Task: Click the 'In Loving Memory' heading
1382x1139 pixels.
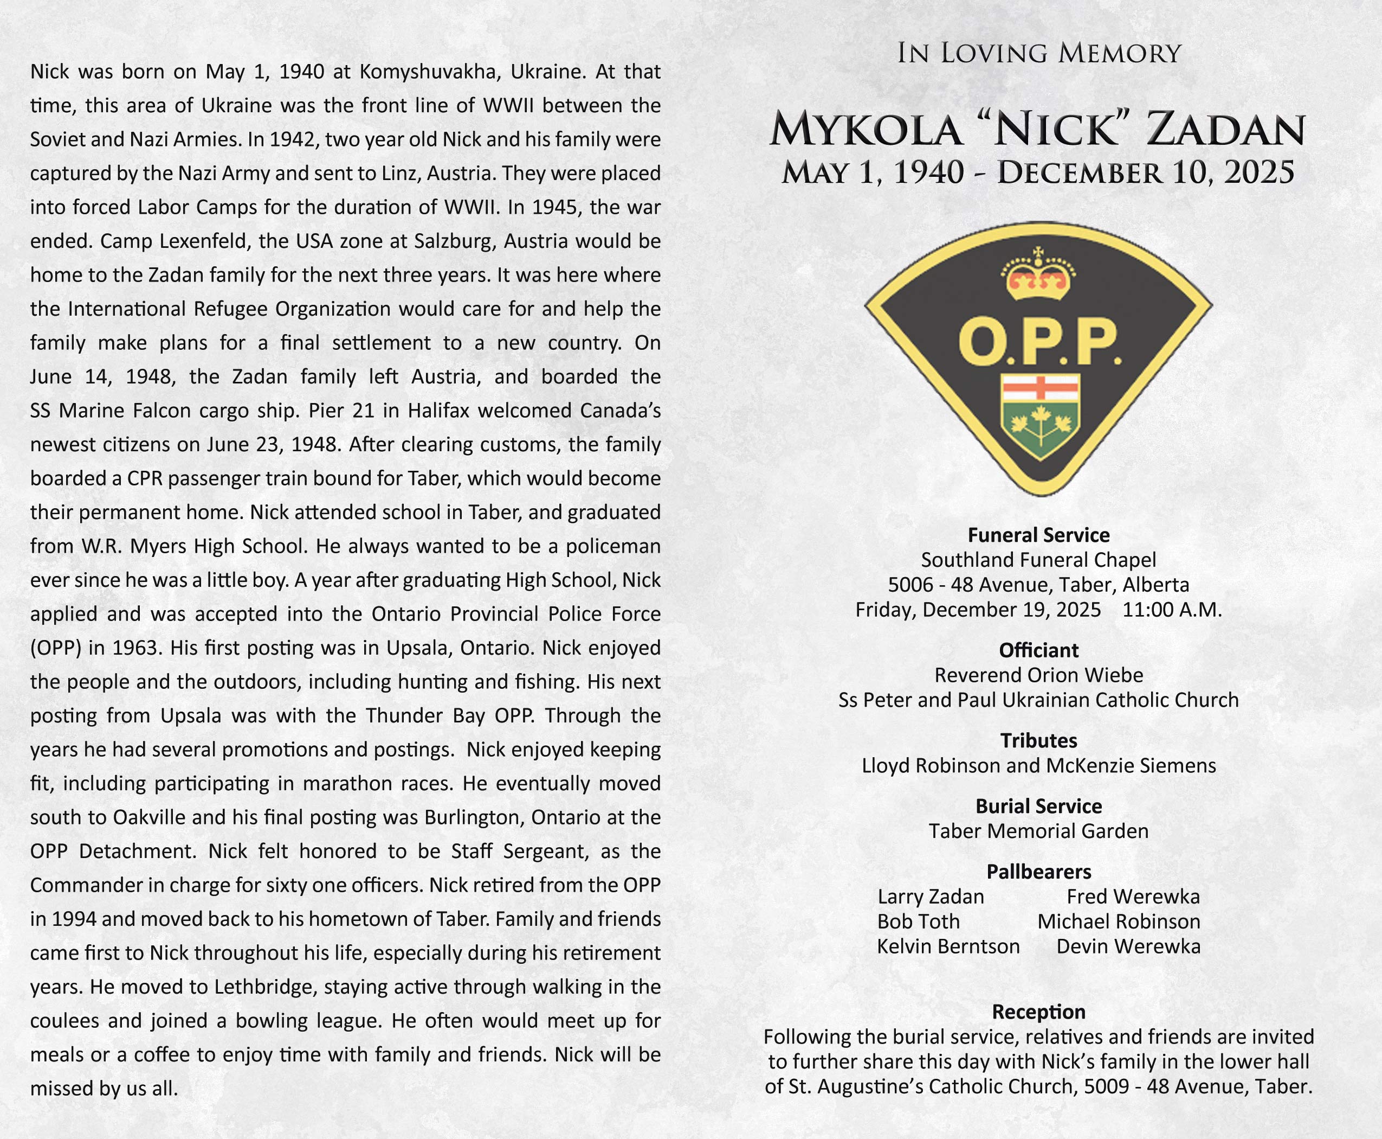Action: click(1038, 53)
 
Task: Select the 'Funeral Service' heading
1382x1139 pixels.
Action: click(1038, 535)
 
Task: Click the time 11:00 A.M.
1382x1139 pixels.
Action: click(1172, 610)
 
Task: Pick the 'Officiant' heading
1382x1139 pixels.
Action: click(1038, 650)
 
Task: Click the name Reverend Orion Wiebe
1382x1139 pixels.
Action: click(1038, 675)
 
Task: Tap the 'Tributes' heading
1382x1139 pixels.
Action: click(1038, 741)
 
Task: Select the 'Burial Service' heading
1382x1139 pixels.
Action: click(1038, 807)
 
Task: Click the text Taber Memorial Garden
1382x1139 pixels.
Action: click(1038, 831)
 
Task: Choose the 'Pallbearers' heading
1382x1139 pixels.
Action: click(1038, 872)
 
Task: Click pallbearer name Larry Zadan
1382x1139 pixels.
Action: click(931, 897)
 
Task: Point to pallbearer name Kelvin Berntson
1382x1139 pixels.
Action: click(948, 947)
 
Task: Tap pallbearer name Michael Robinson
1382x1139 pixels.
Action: click(1119, 922)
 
